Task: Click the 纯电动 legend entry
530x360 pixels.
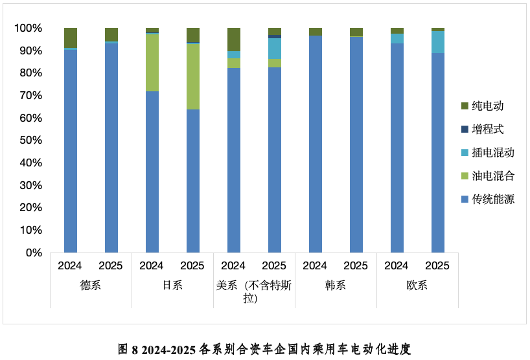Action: pyautogui.click(x=487, y=106)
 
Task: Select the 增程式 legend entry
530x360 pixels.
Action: pyautogui.click(x=487, y=129)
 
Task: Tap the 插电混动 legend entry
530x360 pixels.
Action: pyautogui.click(x=492, y=152)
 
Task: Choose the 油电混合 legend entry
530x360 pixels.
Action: pyautogui.click(x=492, y=175)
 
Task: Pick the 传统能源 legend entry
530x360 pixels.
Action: pyautogui.click(x=492, y=199)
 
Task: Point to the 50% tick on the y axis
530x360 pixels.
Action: pyautogui.click(x=30, y=141)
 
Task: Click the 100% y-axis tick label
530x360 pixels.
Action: pyautogui.click(x=28, y=28)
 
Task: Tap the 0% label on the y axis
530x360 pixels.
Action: pyautogui.click(x=34, y=253)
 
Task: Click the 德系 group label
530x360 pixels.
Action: pyautogui.click(x=91, y=285)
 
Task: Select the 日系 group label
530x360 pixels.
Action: pyautogui.click(x=172, y=285)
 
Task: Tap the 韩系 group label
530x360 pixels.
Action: pyautogui.click(x=336, y=285)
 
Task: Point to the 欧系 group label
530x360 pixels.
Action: pyautogui.click(x=417, y=285)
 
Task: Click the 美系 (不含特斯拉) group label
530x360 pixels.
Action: pyautogui.click(x=254, y=291)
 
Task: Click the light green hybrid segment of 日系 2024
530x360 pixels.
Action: pyautogui.click(x=152, y=63)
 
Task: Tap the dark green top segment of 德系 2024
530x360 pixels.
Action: pyautogui.click(x=71, y=38)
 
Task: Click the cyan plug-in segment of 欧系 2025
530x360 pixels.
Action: pyautogui.click(x=438, y=42)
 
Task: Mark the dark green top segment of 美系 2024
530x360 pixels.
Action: pyautogui.click(x=234, y=39)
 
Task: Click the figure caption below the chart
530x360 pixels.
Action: pyautogui.click(x=264, y=349)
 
